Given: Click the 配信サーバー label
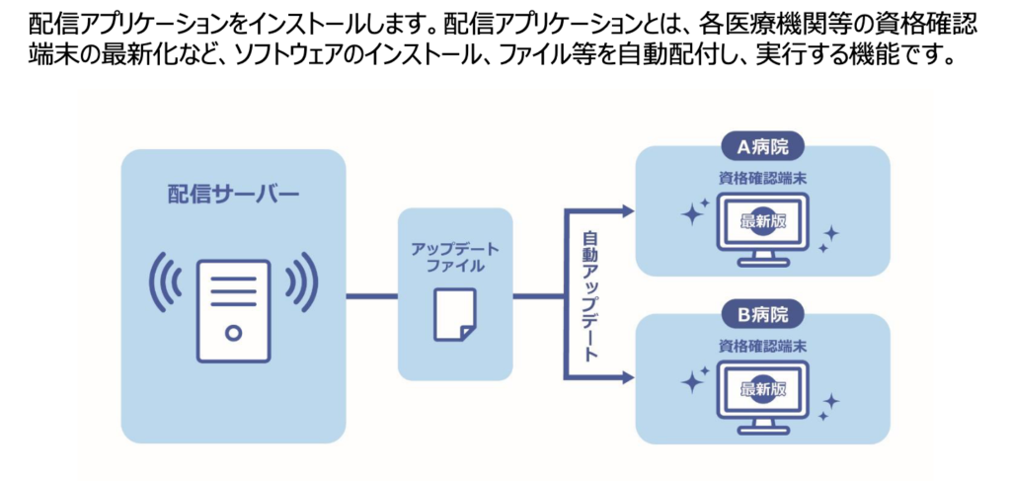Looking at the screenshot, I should point(233,193).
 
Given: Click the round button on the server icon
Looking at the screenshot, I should point(233,334).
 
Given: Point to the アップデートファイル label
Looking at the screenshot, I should point(455,256).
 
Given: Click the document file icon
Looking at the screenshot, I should point(455,314).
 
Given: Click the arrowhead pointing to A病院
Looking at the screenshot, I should point(627,209).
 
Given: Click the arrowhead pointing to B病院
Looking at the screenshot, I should point(627,377).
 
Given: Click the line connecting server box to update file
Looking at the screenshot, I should point(371,295).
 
